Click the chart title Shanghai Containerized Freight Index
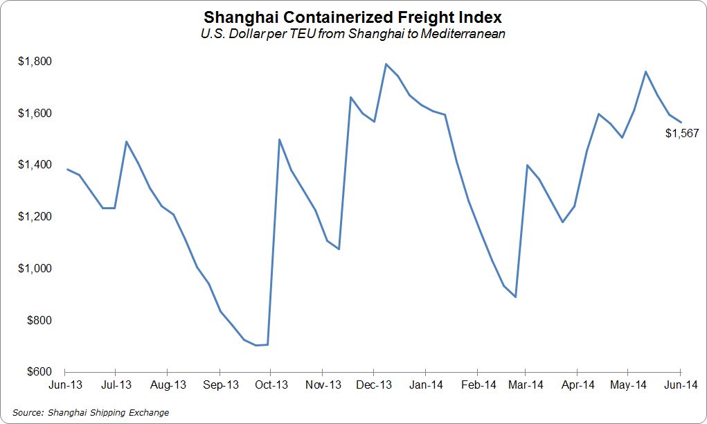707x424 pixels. click(353, 17)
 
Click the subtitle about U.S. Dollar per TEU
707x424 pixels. click(353, 34)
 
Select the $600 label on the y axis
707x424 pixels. click(37, 372)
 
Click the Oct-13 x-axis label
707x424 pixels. click(271, 385)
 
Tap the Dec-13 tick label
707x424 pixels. click(373, 385)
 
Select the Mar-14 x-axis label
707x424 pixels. click(526, 385)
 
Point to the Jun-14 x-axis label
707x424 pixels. click(681, 385)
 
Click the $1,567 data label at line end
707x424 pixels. click(682, 134)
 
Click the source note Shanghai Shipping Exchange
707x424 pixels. click(91, 413)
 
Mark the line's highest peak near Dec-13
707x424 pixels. click(386, 64)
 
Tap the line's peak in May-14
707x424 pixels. click(645, 71)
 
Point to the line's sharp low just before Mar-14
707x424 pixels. click(515, 297)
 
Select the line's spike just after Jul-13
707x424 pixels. click(126, 141)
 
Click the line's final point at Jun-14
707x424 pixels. click(681, 123)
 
